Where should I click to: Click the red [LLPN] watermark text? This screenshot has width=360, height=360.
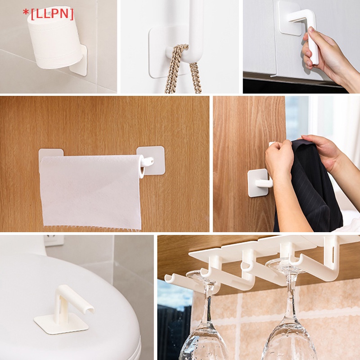tap(48, 14)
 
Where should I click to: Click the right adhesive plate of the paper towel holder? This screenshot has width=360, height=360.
tap(153, 160)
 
